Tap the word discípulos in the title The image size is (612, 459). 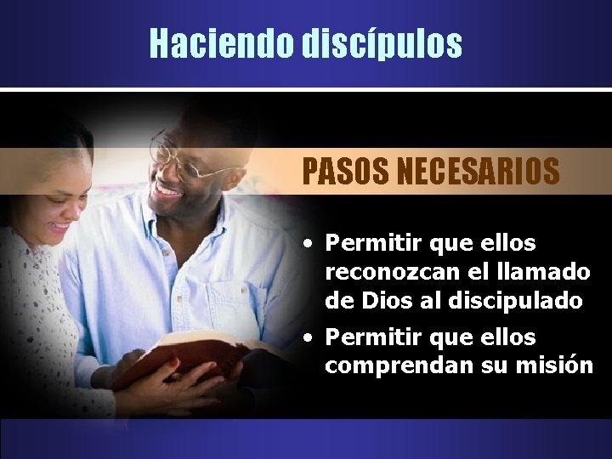pos(382,43)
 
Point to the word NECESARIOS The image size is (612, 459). pos(479,171)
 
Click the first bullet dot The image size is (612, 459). pos(313,244)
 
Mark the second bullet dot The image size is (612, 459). pos(313,338)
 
